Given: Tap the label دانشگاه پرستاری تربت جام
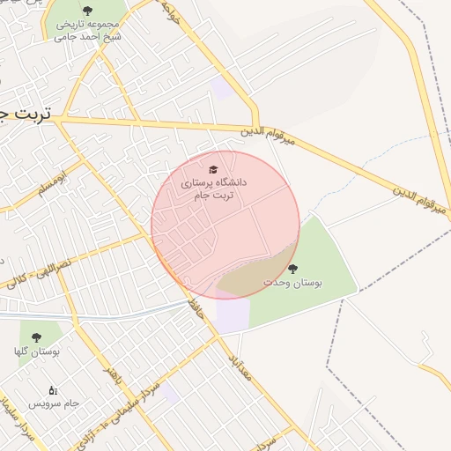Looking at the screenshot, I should click(214, 189).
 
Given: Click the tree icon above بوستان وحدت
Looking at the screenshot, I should click(292, 269).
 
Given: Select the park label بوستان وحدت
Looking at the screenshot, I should click(293, 283).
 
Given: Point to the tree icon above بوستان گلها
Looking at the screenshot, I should click(36, 336).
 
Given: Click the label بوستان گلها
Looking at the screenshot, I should click(36, 351).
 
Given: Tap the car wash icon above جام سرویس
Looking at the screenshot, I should click(53, 389).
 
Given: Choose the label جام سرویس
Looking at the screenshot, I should click(53, 403).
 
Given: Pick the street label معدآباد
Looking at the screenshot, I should click(243, 361).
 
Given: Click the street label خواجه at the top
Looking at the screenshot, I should click(172, 12).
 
